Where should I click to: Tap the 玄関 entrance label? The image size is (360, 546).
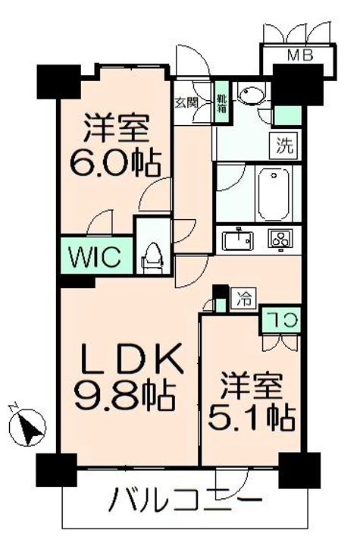pyautogui.click(x=186, y=100)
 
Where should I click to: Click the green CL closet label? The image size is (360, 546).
pyautogui.click(x=280, y=319)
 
